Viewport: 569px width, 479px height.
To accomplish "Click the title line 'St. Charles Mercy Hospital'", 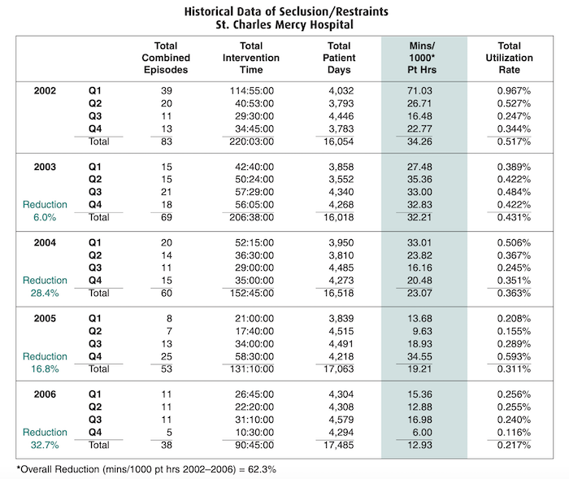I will coord(284,24).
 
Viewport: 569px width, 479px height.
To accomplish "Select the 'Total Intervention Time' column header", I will coord(252,58).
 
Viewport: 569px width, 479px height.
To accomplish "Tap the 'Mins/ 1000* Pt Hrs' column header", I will coord(423,58).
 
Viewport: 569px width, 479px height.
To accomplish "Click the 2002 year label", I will coord(46,90).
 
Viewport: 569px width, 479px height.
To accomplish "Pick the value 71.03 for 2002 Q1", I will coord(423,90).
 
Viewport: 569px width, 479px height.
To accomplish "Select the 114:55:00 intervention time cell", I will coord(252,90).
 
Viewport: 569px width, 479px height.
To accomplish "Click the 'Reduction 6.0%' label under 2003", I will coord(46,211).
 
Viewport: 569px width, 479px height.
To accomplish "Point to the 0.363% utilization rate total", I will coord(514,294).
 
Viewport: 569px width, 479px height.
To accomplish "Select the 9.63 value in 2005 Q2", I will coord(423,331).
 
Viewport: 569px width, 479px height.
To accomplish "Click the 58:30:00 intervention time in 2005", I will coord(252,356).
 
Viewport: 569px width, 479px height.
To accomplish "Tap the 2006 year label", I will coord(46,394).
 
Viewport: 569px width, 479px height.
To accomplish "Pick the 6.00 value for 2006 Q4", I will coord(423,433).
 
